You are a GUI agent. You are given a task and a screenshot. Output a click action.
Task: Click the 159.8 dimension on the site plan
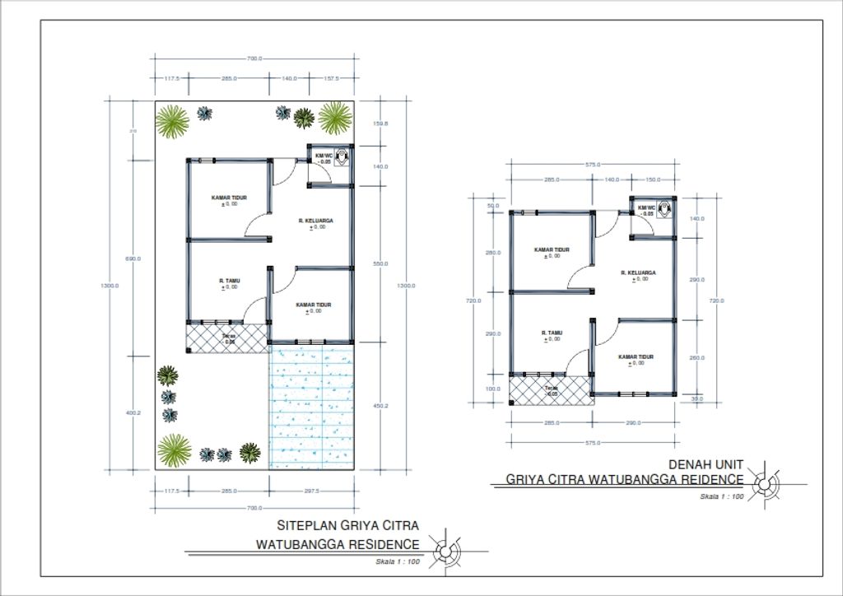(x=380, y=123)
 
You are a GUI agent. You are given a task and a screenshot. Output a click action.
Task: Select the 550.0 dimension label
(x=380, y=263)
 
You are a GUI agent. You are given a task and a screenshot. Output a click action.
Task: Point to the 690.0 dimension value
(x=133, y=258)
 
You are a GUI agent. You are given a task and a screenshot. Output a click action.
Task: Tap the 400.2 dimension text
(x=133, y=413)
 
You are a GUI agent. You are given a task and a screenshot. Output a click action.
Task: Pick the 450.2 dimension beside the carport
(x=380, y=407)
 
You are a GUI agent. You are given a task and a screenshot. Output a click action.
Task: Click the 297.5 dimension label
(x=311, y=491)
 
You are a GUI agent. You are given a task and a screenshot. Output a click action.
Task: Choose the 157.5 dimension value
(x=332, y=78)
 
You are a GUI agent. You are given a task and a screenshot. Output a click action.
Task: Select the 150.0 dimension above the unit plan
(x=653, y=179)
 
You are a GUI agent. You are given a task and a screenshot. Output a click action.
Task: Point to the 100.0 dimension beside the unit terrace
(x=492, y=389)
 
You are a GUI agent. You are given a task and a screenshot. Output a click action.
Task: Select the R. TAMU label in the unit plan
(x=552, y=333)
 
